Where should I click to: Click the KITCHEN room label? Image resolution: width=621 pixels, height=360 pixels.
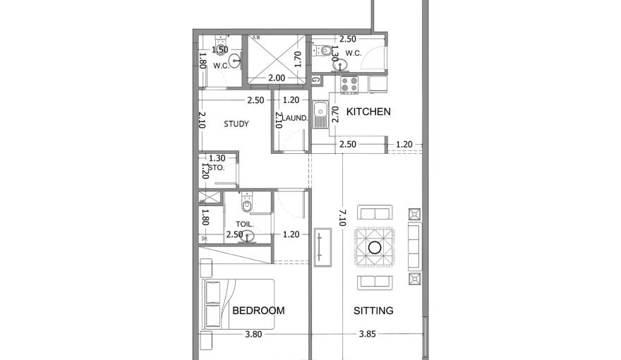(368, 112)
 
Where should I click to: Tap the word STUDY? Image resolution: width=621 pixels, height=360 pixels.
(236, 124)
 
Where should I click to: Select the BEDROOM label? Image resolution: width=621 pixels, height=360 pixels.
(258, 311)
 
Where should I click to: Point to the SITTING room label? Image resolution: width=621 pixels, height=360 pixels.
(373, 311)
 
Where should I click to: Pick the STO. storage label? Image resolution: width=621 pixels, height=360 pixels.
(217, 168)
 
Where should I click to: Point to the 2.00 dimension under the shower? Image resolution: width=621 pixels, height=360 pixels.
(277, 78)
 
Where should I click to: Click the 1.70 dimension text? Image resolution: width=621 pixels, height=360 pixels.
(298, 59)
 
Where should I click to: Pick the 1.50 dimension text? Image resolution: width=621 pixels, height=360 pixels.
(220, 50)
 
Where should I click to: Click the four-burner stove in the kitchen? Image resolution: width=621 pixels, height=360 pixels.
(349, 85)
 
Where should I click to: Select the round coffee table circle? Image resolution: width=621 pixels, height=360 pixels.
(373, 248)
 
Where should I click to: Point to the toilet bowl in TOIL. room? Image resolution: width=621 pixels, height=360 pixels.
(246, 205)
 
